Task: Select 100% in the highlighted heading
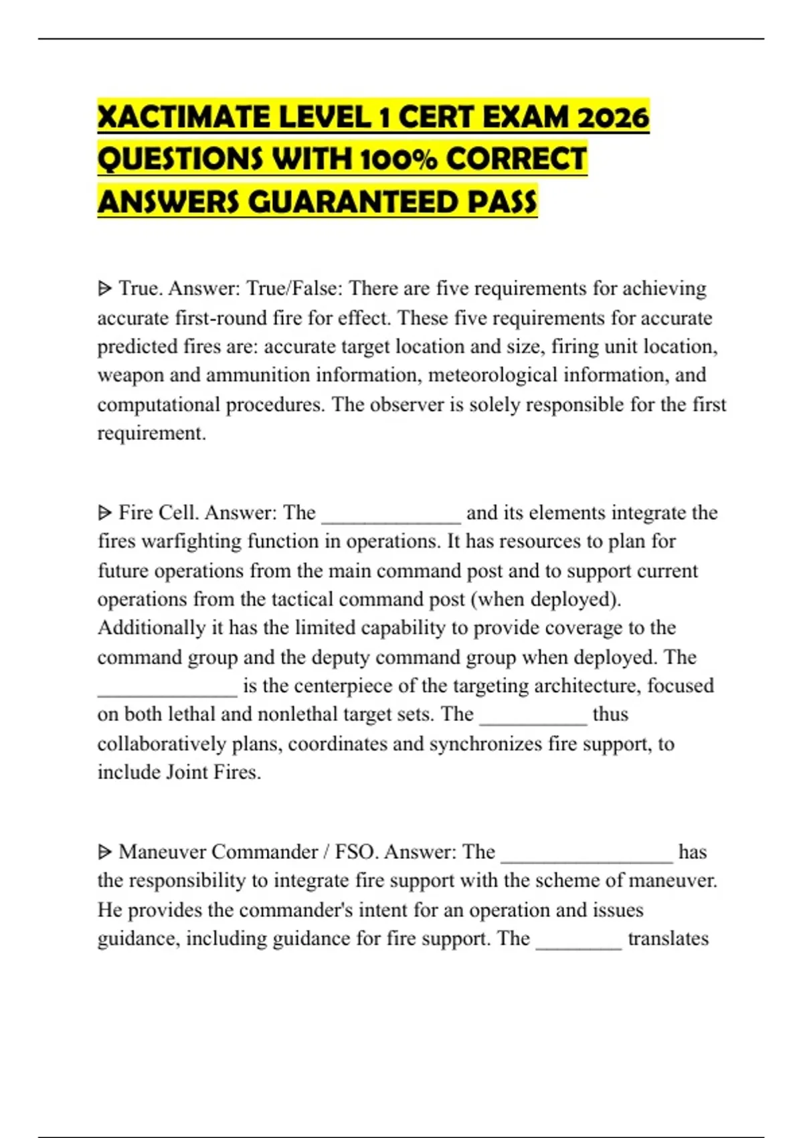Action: pos(397,160)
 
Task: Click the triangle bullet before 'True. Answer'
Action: pos(105,289)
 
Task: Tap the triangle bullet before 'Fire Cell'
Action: pos(105,513)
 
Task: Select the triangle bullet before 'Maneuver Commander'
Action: pos(105,852)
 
